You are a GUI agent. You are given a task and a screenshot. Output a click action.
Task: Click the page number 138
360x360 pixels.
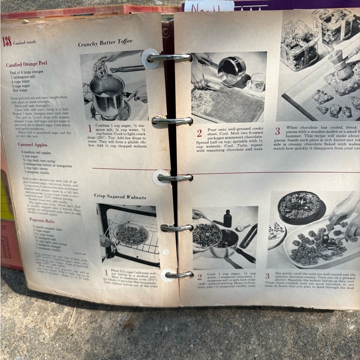pyautogui.click(x=7, y=42)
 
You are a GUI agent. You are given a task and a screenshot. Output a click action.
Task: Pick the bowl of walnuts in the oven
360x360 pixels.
pyautogui.click(x=130, y=233)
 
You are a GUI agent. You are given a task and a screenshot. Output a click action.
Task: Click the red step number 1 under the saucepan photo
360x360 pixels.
pyautogui.click(x=89, y=128)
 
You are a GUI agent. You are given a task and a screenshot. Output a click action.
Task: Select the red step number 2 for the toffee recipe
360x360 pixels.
pyautogui.click(x=199, y=133)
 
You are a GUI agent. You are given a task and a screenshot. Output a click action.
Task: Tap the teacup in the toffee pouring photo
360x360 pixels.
pyautogui.click(x=256, y=81)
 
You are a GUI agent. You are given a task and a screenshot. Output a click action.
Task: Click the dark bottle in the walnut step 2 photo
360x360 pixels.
pyautogui.click(x=228, y=218)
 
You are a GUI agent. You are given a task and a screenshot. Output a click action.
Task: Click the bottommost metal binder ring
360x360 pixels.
pyautogui.click(x=176, y=274)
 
